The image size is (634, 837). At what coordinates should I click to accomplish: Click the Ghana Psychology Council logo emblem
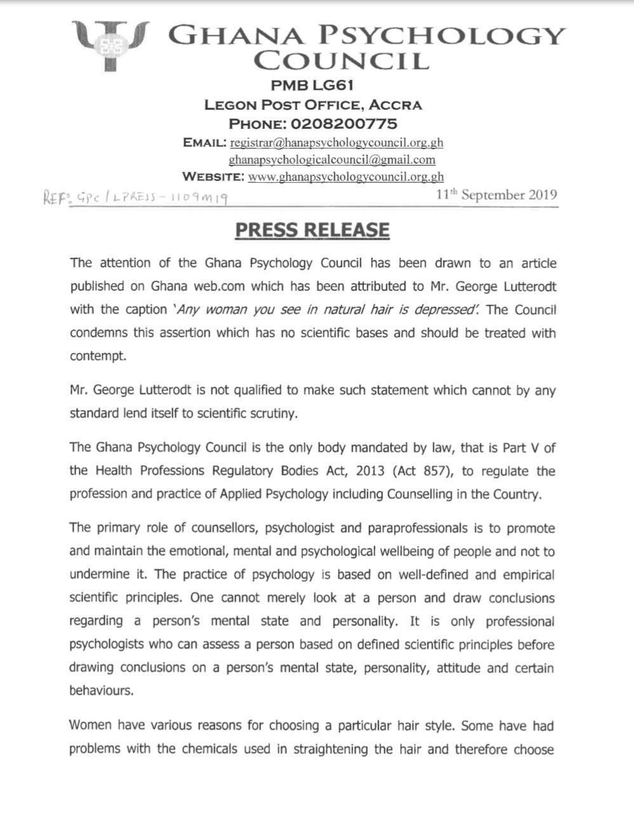point(110,44)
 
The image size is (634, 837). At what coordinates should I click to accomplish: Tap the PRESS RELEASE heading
point(312,230)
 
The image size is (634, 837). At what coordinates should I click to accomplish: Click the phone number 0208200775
point(343,123)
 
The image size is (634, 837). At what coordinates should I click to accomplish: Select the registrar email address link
point(336,142)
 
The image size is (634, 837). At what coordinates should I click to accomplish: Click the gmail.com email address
point(332,159)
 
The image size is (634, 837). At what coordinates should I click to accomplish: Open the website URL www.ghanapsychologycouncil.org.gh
point(346,177)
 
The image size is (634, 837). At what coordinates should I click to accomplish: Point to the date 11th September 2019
point(496,194)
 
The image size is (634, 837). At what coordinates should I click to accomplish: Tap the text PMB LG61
point(312,85)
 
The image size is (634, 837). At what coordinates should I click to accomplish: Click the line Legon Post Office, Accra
point(313,104)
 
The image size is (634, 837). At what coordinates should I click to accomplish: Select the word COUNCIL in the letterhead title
point(341,61)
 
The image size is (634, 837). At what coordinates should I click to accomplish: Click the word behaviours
point(102,690)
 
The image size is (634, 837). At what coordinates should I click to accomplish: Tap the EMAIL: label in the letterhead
point(204,142)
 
